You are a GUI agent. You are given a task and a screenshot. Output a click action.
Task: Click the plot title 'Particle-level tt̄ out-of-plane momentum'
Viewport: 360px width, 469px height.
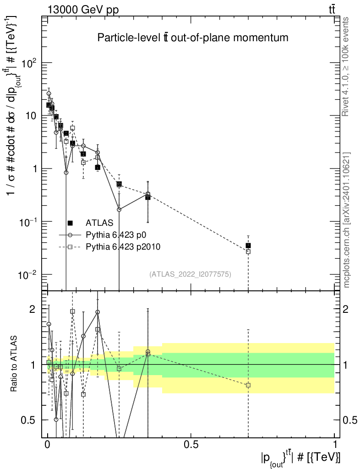[x=193, y=38]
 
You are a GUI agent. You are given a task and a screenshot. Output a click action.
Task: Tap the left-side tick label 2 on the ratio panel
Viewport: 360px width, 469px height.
[x=32, y=309]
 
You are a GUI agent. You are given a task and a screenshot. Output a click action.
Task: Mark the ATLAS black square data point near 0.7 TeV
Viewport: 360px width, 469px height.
[x=248, y=245]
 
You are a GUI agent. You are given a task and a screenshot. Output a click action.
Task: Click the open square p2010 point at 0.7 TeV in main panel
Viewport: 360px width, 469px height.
[x=248, y=252]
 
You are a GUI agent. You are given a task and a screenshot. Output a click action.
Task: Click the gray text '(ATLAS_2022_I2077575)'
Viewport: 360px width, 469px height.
[x=190, y=274]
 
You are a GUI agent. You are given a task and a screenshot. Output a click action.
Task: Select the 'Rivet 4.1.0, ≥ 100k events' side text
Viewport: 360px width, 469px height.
[x=346, y=66]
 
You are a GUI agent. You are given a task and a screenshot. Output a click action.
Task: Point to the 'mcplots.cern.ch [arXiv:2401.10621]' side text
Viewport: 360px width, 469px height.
[x=347, y=220]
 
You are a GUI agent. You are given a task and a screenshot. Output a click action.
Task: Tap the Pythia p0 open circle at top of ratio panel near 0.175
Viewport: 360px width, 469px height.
[x=98, y=312]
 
